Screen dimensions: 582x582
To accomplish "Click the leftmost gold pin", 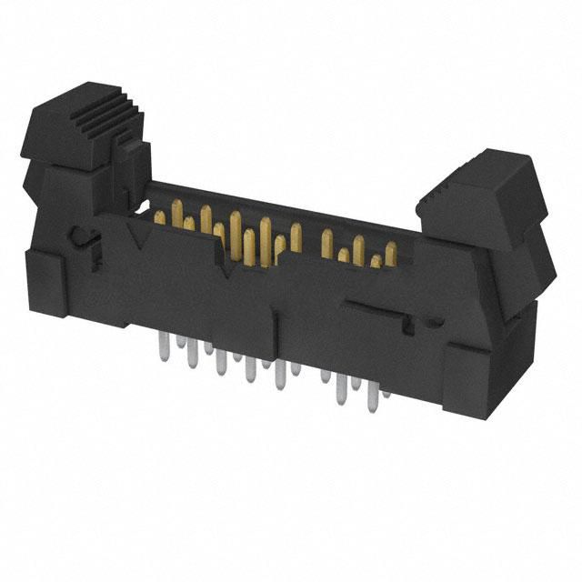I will pos(160,218).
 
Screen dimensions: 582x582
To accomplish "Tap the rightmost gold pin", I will pos(390,254).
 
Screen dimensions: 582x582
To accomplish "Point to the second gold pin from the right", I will pos(375,262).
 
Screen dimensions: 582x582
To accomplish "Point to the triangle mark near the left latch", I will pos(141,238).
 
